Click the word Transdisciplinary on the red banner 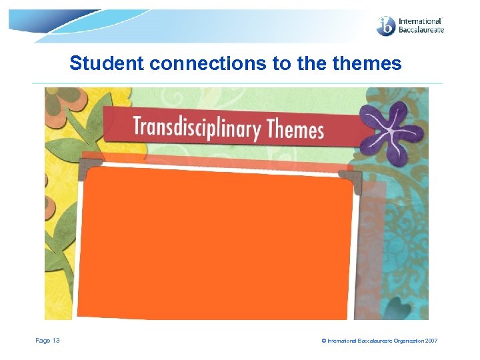pyautogui.click(x=197, y=127)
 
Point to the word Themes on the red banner pyautogui.click(x=295, y=129)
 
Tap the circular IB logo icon pyautogui.click(x=386, y=26)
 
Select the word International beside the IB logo pyautogui.click(x=420, y=21)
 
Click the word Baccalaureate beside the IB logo pyautogui.click(x=421, y=30)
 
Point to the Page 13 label pyautogui.click(x=47, y=341)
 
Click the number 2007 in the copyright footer pyautogui.click(x=431, y=341)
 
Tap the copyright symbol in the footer pyautogui.click(x=324, y=341)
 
